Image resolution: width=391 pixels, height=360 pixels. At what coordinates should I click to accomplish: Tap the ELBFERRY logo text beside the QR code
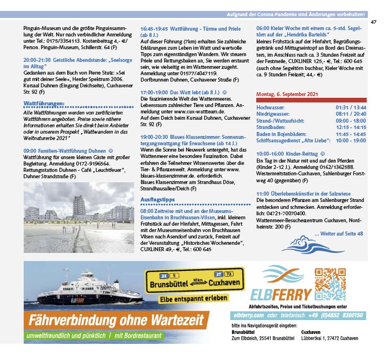(x=281, y=293)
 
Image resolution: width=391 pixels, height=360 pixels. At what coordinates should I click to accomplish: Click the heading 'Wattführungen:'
(x=43, y=103)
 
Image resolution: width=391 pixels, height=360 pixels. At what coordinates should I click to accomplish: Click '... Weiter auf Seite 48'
(x=338, y=233)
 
